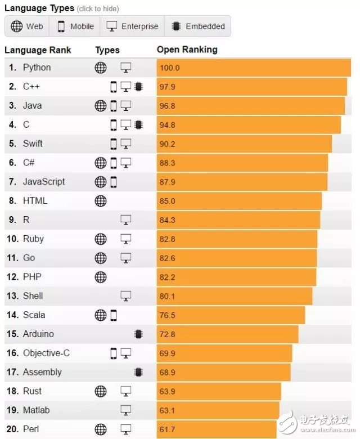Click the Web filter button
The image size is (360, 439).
pos(27,26)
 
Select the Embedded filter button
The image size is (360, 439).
pos(198,26)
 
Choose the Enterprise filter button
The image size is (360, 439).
pos(132,26)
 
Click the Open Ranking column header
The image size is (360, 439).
pos(187,50)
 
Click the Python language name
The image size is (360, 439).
pos(37,68)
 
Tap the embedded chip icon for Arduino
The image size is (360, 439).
pos(138,334)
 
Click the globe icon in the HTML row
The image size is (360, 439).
pos(100,200)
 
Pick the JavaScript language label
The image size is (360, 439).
pos(44,182)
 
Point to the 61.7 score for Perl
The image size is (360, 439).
pos(168,429)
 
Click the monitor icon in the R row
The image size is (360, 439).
pos(126,219)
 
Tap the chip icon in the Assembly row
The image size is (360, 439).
pos(138,372)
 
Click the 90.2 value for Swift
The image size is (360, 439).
pos(168,144)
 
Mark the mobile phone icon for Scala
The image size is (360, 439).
pos(114,315)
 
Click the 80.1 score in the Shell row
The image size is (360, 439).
pos(168,296)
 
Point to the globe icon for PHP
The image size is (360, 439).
pos(100,277)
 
